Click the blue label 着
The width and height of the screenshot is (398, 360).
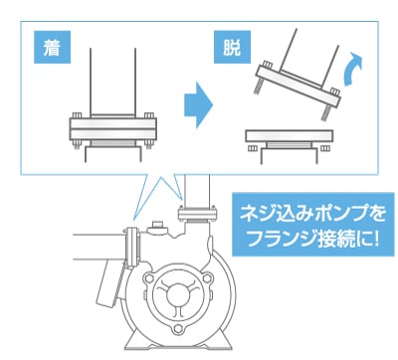(x=52, y=47)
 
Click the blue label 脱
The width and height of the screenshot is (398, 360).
(x=232, y=47)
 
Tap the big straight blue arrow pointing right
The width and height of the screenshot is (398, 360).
(x=198, y=105)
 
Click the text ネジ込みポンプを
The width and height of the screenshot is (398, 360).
(x=312, y=214)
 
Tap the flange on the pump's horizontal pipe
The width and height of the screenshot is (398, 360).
(x=132, y=247)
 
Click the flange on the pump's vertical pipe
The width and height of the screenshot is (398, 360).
(x=197, y=214)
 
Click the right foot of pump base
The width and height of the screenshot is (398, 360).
(x=222, y=341)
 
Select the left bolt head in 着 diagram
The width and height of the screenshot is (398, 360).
(x=77, y=115)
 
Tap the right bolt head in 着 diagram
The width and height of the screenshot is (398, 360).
(x=149, y=115)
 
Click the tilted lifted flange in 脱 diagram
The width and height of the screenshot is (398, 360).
(x=298, y=86)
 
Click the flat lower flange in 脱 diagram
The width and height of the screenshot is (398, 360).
(x=290, y=136)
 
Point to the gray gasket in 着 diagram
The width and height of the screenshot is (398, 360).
(x=113, y=143)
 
